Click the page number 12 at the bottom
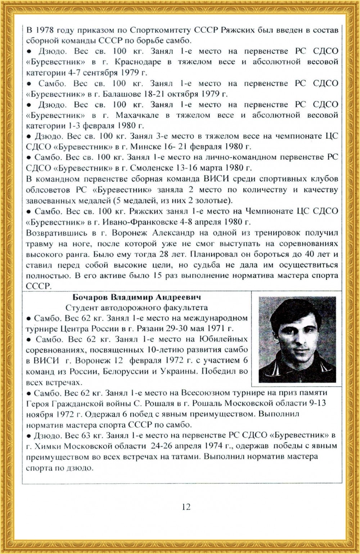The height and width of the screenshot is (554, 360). [x=186, y=507]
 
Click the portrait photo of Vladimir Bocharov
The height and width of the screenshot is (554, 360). [x=297, y=339]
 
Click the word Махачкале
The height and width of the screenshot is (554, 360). [x=137, y=115]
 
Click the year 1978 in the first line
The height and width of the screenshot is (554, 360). [x=48, y=30]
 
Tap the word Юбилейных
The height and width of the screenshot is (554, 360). [x=226, y=339]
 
